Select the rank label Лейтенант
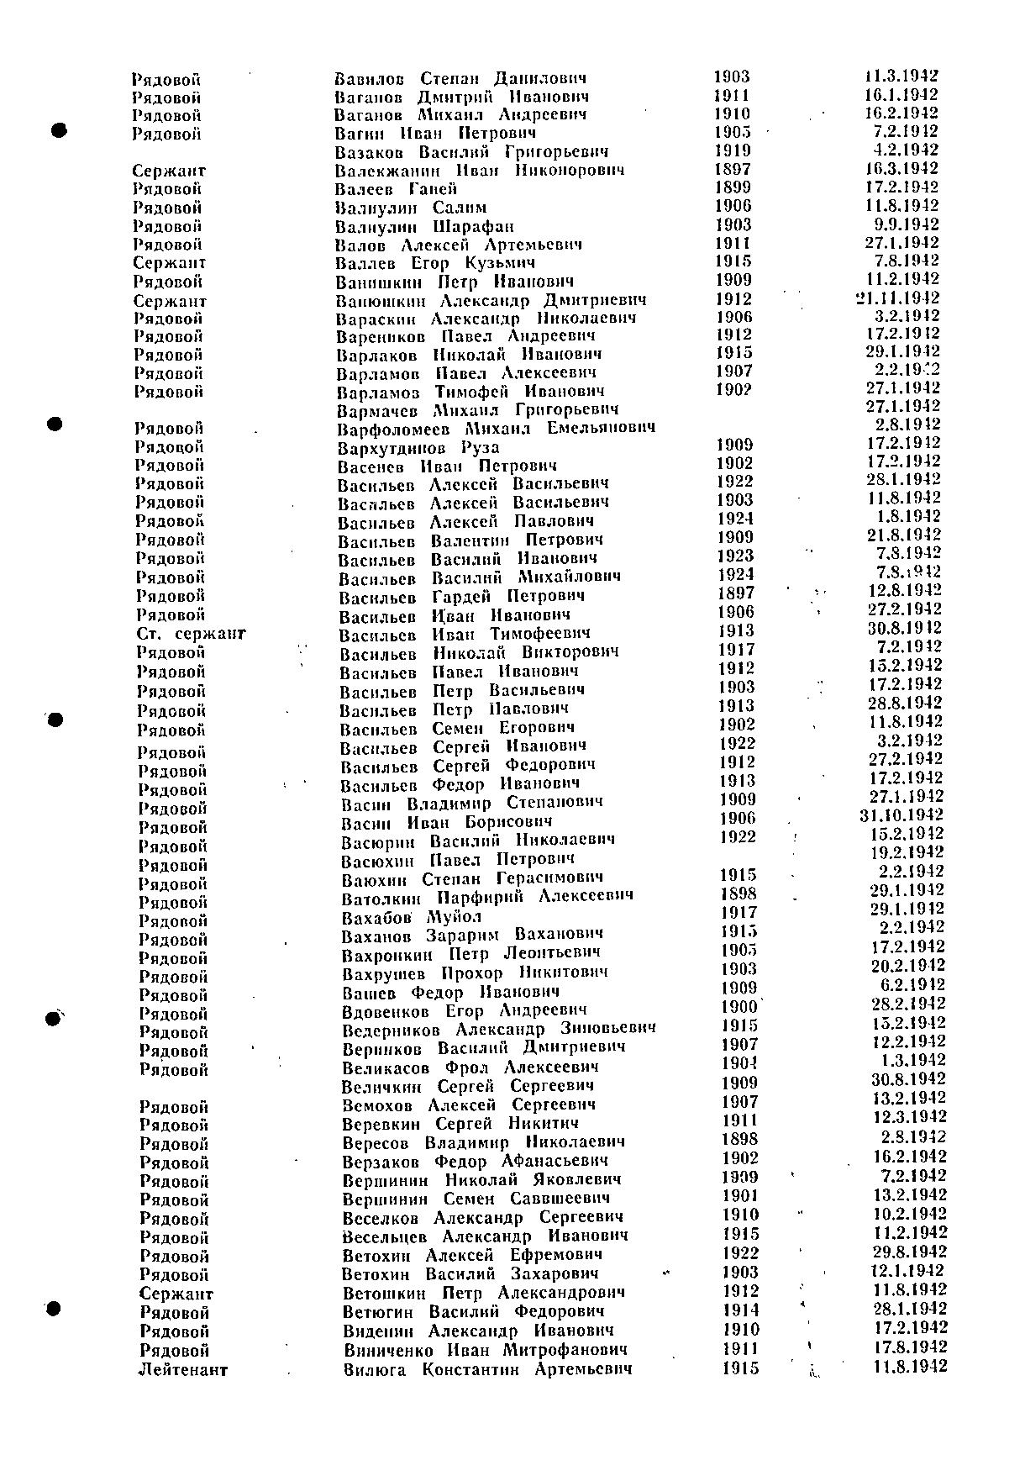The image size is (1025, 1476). click(x=183, y=1369)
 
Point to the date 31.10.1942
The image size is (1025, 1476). click(x=901, y=815)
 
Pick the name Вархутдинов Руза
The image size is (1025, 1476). click(x=418, y=447)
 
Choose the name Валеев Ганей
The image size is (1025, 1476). click(x=396, y=189)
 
